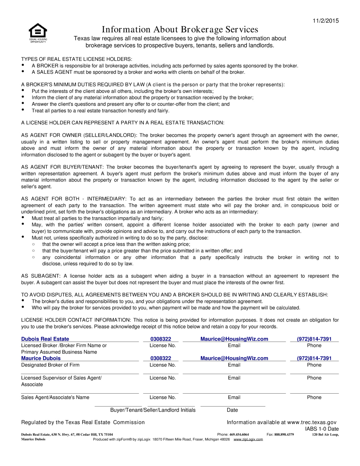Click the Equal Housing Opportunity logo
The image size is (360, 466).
point(38,32)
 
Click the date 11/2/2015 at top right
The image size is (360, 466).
point(325,21)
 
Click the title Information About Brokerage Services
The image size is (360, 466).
point(180,29)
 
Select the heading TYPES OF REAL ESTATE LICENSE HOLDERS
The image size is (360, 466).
point(77,59)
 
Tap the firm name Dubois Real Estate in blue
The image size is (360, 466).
point(45,339)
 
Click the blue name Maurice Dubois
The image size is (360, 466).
point(41,358)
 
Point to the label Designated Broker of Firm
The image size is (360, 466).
point(50,365)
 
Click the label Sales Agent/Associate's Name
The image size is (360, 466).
point(55,397)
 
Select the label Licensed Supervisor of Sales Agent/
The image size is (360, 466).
point(61,378)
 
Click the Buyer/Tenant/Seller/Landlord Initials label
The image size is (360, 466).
point(153,410)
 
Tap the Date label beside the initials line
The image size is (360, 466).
point(232,410)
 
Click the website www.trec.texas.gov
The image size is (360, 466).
point(312,422)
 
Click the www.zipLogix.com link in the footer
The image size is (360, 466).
point(248,440)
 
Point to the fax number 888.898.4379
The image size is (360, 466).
point(284,434)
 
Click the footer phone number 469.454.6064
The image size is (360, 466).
point(239,434)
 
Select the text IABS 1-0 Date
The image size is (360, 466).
point(322,429)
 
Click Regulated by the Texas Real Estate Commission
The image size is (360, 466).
point(83,422)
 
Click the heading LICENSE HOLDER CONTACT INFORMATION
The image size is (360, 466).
point(76,320)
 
